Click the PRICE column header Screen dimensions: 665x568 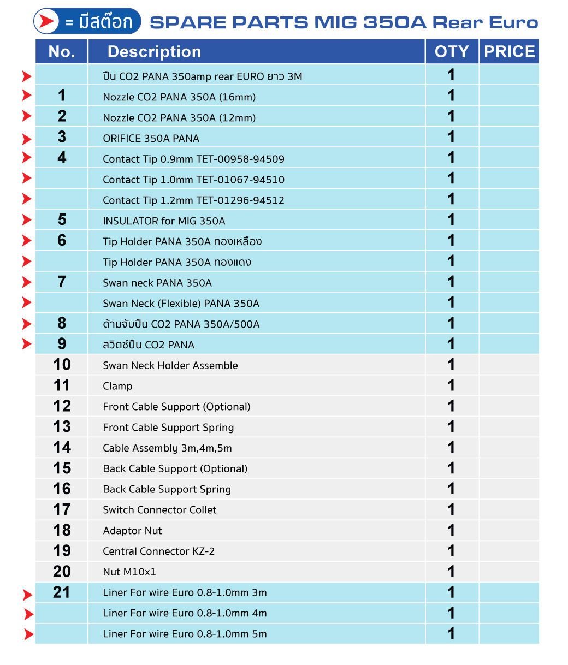(509, 52)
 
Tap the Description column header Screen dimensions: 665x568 (154, 52)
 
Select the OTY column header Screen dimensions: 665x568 (452, 52)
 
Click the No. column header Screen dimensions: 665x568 (62, 52)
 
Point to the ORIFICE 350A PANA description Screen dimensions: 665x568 (151, 139)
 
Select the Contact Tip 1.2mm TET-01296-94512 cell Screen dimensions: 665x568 (193, 200)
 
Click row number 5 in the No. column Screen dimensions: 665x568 (62, 220)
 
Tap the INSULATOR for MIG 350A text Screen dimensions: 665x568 (164, 221)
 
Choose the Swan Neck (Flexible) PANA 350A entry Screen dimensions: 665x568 (181, 304)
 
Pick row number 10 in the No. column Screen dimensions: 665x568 (62, 365)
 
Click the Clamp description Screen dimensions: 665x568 (117, 387)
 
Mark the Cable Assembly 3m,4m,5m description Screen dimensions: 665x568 (167, 448)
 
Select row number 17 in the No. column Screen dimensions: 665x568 (62, 509)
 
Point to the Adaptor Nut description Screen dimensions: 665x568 (132, 531)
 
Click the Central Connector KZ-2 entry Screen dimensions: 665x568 (158, 551)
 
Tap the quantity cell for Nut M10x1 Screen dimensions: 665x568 (451, 572)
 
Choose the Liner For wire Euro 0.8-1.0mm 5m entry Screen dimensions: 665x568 (185, 634)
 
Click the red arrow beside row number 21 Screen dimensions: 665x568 (27, 595)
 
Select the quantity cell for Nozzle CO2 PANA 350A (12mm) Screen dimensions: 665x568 (451, 117)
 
